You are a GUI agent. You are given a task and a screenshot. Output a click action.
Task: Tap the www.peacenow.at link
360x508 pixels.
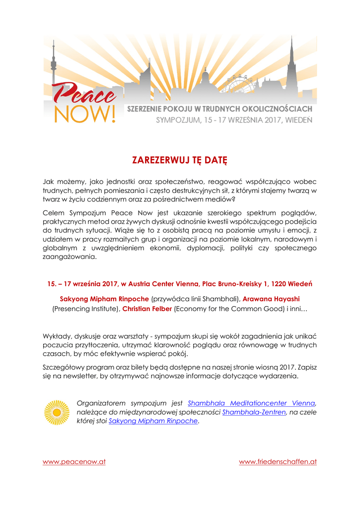[x=74, y=462]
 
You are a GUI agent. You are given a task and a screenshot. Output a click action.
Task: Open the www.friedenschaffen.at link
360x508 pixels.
[x=278, y=462]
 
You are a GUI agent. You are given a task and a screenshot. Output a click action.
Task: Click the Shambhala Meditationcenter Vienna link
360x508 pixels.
[x=251, y=403]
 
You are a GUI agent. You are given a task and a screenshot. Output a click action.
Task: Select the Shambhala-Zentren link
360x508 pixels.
[x=254, y=412]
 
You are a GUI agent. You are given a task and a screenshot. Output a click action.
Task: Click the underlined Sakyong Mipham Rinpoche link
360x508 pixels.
[x=153, y=421]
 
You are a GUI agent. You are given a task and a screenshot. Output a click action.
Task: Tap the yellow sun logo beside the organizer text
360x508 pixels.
[x=57, y=412]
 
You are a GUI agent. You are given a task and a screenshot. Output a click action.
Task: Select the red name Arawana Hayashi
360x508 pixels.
[x=271, y=299]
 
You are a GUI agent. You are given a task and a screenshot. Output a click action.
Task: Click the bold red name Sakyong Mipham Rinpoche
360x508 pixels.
[x=104, y=299]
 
